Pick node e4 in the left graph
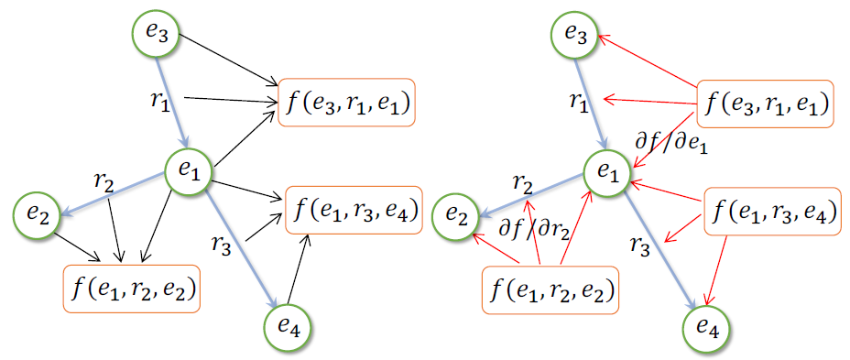click(x=289, y=323)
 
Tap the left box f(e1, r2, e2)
click(x=131, y=289)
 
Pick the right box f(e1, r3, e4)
click(x=771, y=212)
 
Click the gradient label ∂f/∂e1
click(x=670, y=142)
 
